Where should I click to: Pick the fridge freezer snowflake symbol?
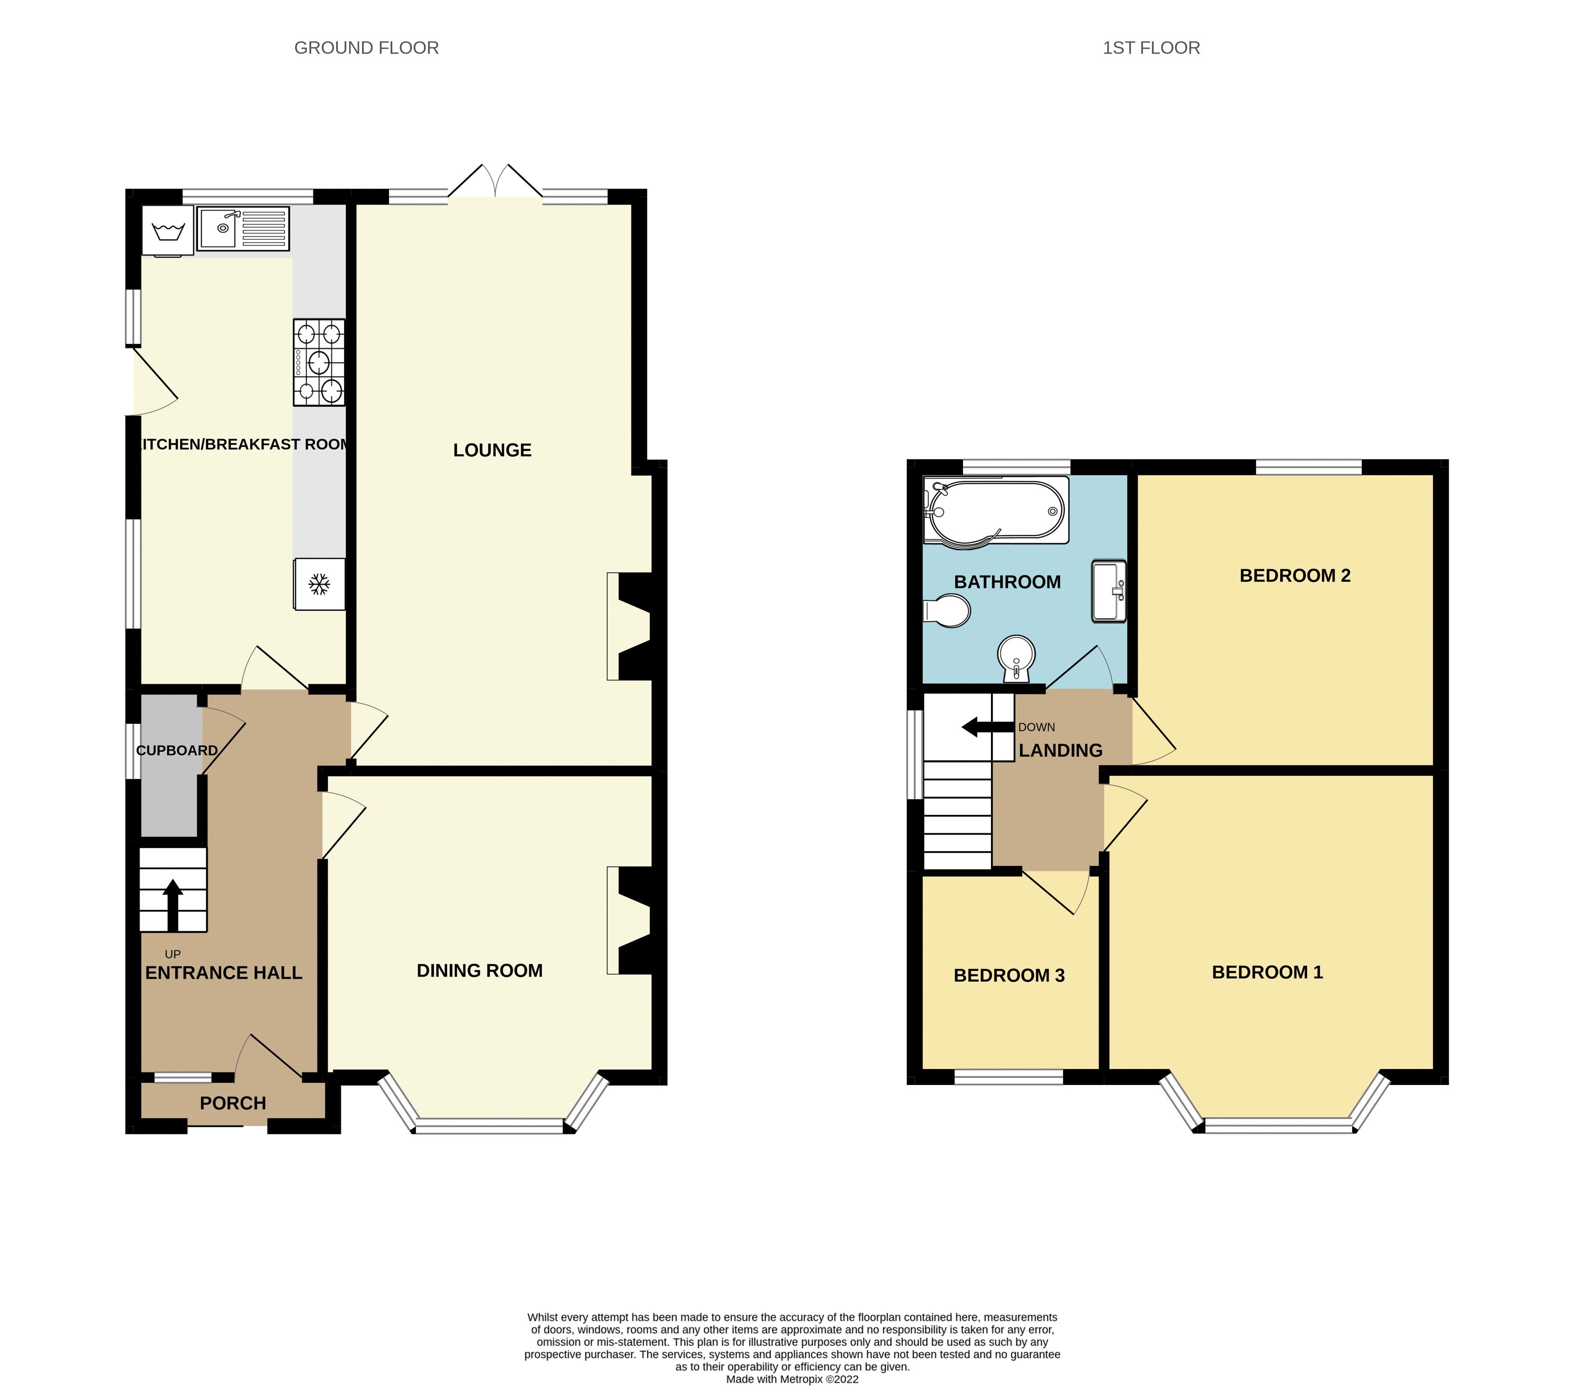pos(319,584)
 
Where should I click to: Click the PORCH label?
pos(233,1103)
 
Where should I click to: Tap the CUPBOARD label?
pos(177,751)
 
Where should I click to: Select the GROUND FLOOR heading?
pos(366,48)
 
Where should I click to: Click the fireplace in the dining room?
pos(630,921)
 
